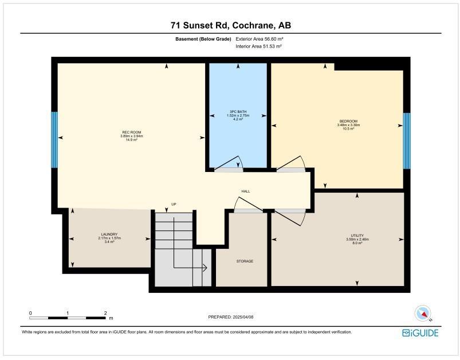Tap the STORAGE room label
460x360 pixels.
click(245, 261)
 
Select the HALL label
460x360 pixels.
click(245, 191)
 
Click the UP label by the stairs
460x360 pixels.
click(174, 204)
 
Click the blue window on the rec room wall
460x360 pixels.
click(54, 140)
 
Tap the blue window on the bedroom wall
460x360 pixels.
click(406, 140)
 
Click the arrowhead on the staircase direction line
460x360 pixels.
click(204, 267)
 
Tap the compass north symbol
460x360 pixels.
click(423, 313)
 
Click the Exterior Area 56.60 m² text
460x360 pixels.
click(260, 39)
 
